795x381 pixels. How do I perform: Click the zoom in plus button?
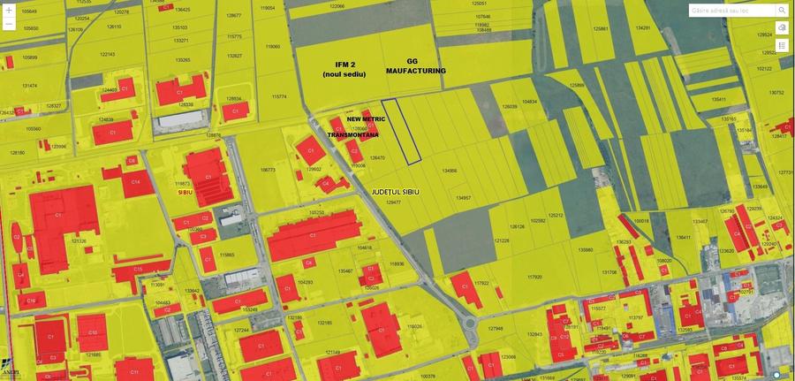click(x=9, y=10)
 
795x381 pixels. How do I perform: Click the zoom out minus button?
click(x=9, y=25)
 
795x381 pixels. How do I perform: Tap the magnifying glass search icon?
click(x=782, y=10)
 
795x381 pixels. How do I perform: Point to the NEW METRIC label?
click(x=365, y=118)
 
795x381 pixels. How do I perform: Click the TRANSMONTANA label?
click(x=353, y=135)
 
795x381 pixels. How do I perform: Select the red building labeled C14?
click(x=136, y=183)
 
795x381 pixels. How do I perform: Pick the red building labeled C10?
click(x=91, y=332)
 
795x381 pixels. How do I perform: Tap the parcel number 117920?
click(x=534, y=277)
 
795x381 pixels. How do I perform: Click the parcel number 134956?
click(x=449, y=171)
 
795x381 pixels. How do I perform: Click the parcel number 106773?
click(x=269, y=170)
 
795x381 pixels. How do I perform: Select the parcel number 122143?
click(x=107, y=54)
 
